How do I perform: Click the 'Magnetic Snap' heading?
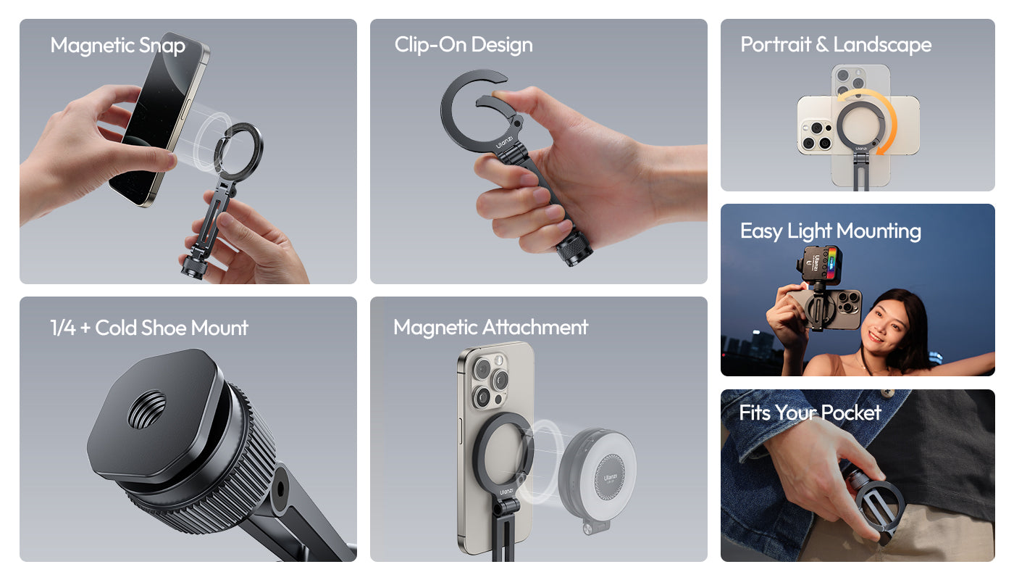(117, 46)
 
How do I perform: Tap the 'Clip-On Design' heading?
(463, 45)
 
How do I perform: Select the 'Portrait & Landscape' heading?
(836, 44)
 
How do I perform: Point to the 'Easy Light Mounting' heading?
(830, 231)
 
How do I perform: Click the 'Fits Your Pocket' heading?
(810, 413)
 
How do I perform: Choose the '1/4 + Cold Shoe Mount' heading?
(149, 328)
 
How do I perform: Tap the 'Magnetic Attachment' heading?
(491, 327)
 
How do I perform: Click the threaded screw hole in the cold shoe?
(146, 410)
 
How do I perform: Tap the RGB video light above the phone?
(819, 265)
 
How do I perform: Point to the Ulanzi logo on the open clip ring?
(504, 142)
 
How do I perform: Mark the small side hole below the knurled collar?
(280, 489)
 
